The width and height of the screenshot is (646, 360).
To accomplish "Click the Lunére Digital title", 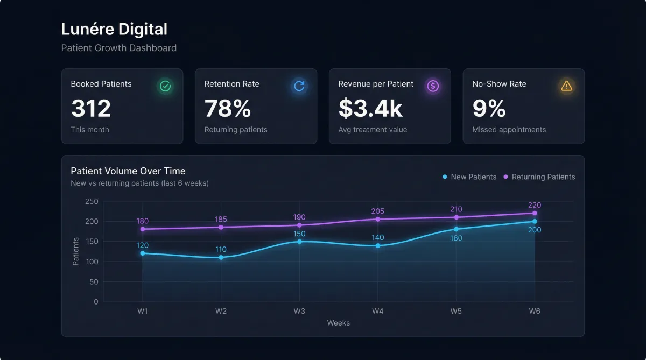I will pos(114,29).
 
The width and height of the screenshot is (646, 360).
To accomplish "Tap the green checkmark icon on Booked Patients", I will pos(165,86).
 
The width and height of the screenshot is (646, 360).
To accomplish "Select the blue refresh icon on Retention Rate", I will pos(299,86).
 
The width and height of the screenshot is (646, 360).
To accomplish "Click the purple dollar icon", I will pos(433,86).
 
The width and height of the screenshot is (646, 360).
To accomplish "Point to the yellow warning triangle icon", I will pos(567,86).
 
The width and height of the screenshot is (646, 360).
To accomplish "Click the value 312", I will pos(91,108).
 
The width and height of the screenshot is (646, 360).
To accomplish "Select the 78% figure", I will pos(228,108).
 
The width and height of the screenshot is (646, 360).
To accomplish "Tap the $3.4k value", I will pos(370,108).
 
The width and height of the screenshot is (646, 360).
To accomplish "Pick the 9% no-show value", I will pos(489,108).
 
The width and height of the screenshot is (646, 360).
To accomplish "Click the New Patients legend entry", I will pos(469,177).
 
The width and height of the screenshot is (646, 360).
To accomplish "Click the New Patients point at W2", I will pos(221,257).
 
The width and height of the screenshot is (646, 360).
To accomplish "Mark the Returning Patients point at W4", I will pos(378,219).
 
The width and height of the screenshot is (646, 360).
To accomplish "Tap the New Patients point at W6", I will pos(535,221).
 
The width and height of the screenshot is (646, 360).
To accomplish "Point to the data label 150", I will pos(299,234).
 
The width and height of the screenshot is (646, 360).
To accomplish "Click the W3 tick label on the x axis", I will pos(299,311).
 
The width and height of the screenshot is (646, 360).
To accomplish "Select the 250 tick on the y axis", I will pos(92,201).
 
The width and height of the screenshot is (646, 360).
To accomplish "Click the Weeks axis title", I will pos(339,323).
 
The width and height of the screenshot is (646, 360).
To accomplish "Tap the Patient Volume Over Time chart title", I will pos(128,171).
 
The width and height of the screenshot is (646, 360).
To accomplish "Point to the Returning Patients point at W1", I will pos(143,229).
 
